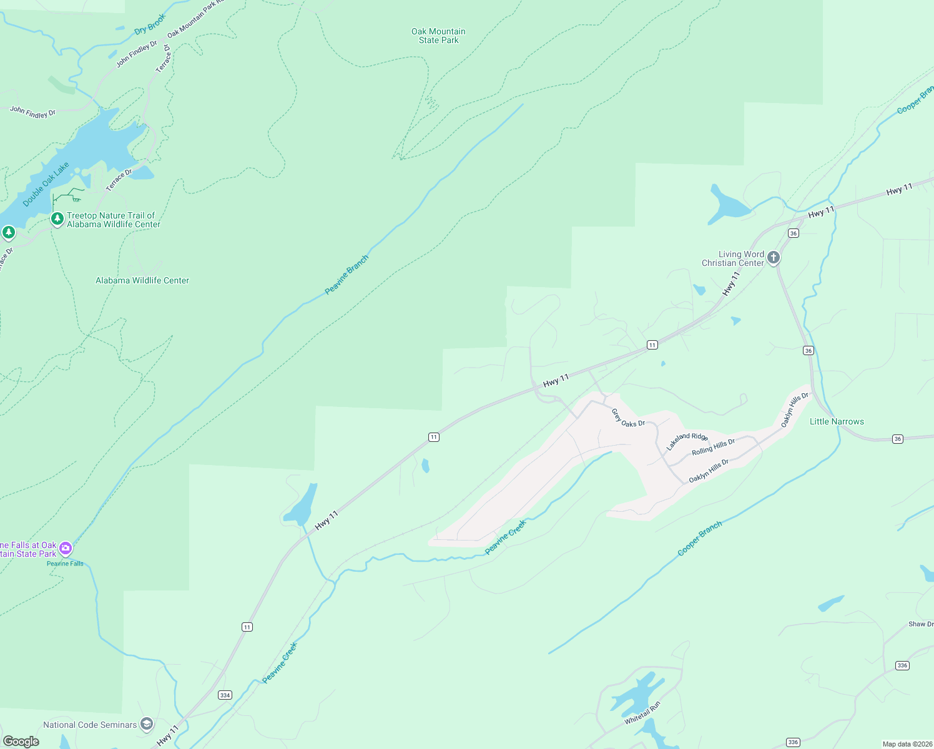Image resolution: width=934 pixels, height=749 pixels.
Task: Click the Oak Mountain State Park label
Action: pos(438,36)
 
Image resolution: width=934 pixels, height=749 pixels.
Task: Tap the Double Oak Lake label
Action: pos(46,185)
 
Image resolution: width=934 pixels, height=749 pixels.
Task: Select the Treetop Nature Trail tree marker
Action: pos(57,218)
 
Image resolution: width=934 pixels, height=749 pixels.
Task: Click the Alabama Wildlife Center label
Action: pos(142,281)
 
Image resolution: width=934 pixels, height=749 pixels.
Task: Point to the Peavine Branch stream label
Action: pos(347,275)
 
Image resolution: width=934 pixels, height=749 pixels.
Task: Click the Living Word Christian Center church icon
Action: pos(774,257)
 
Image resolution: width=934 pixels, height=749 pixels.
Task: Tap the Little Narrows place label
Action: pos(837,422)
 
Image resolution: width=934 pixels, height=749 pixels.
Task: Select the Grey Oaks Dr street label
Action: pos(627,418)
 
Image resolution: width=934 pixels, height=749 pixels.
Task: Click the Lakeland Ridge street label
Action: pos(687,441)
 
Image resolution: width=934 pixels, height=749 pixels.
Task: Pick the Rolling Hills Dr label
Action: pos(713,447)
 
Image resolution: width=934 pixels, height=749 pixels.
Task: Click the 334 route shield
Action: pos(225,695)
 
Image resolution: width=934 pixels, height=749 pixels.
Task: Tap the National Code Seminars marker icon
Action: pos(147,724)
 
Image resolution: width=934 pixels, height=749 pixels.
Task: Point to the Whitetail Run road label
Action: pos(642,713)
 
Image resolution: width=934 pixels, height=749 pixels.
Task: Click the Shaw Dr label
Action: pos(920,624)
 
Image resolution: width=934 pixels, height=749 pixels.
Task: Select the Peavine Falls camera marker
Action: pos(66,549)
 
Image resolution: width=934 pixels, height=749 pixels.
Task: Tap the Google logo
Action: pos(21,742)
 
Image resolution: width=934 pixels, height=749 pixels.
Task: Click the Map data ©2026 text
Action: pos(907,744)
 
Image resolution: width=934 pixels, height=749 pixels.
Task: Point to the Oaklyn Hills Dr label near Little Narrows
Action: pos(794,410)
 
